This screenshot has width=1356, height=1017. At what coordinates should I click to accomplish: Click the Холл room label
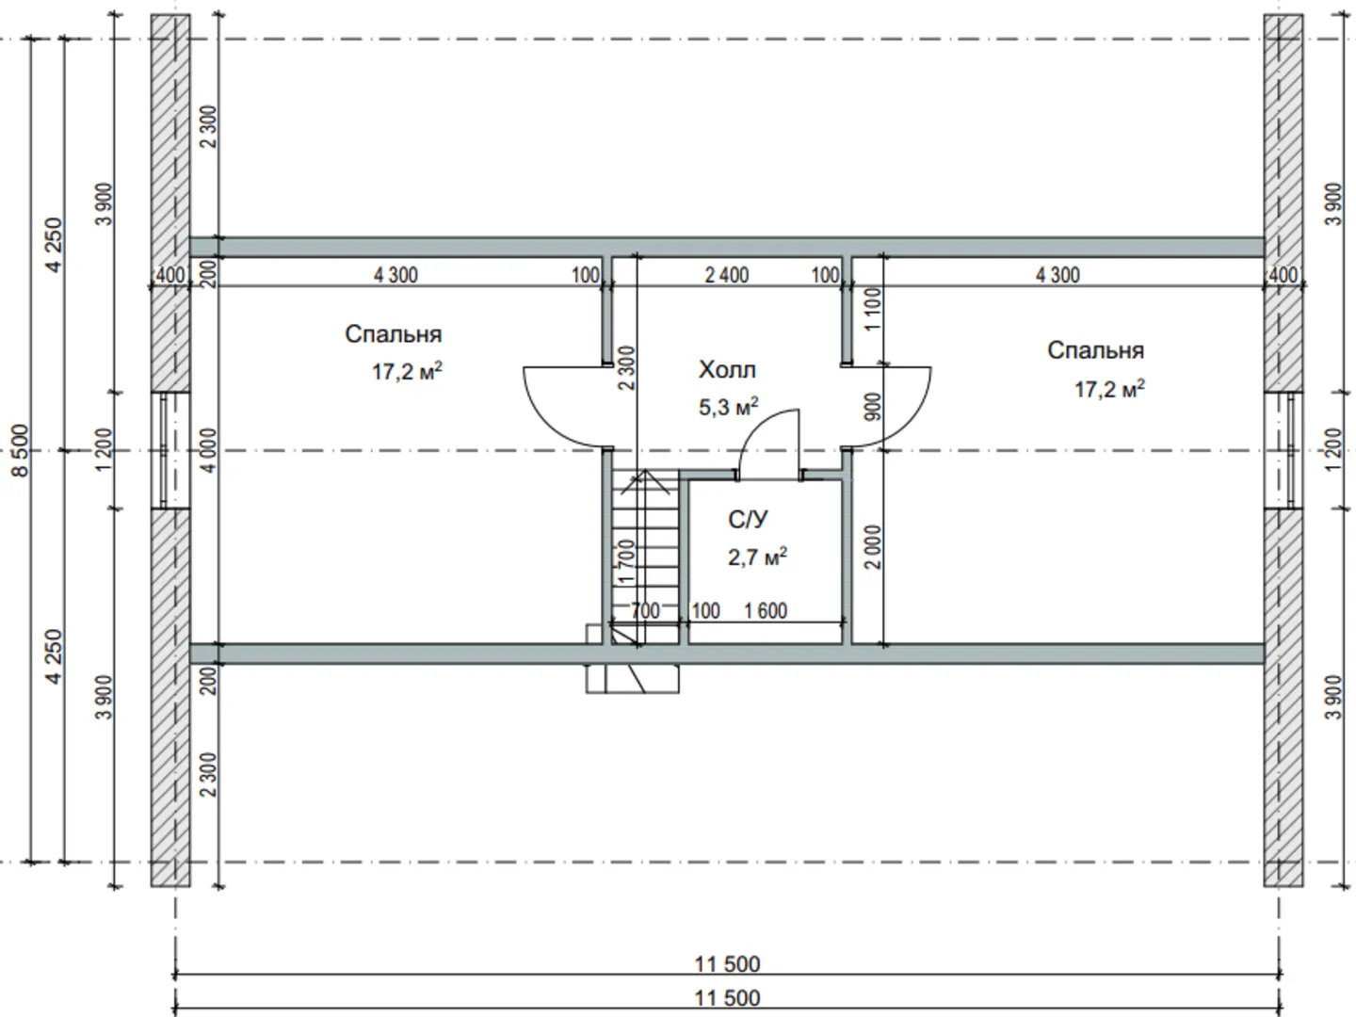coord(727,370)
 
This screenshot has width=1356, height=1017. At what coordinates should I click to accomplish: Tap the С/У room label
coord(748,520)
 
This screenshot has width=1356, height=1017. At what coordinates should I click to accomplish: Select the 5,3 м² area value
coord(728,407)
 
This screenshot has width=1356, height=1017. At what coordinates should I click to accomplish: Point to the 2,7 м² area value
coord(757,557)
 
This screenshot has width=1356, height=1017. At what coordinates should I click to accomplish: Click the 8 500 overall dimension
coord(21,450)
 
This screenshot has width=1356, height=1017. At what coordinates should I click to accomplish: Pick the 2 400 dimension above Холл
coord(727,275)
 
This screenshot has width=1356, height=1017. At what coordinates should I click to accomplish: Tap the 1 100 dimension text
coord(873,309)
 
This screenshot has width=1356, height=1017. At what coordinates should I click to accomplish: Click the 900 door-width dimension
coord(873,407)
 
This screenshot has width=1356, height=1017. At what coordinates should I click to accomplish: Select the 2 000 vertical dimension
coord(873,547)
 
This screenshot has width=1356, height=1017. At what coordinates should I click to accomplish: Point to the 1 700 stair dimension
coord(626,561)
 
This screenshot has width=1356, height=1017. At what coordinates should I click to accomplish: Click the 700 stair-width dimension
coord(645,611)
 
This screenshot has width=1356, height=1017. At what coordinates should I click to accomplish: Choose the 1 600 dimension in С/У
coord(766,611)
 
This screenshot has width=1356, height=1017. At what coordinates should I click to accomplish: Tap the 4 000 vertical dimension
coord(209,450)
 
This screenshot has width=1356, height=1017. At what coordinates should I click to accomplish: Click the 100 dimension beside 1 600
coord(705,611)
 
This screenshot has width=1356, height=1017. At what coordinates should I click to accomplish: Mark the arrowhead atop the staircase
coord(646,471)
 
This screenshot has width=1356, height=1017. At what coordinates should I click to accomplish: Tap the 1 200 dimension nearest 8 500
coord(105,450)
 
